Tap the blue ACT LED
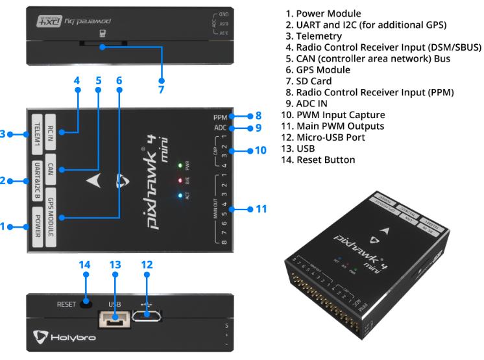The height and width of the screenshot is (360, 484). pos(178,194)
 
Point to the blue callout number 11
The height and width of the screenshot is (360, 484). pos(261,210)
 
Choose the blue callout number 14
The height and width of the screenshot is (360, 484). pos(84,265)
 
